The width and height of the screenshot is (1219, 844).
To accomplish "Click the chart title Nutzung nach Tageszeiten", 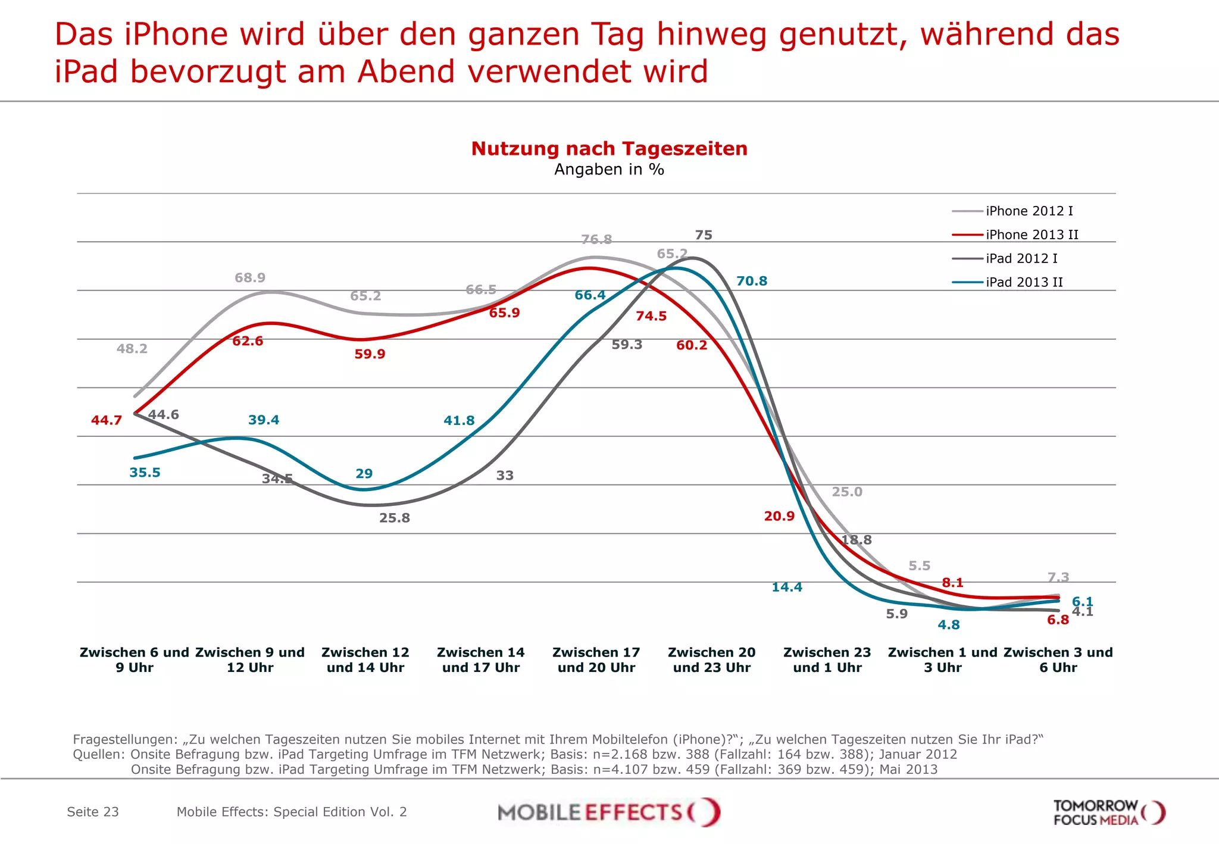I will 609,149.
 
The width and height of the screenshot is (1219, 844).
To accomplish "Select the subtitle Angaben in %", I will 609,170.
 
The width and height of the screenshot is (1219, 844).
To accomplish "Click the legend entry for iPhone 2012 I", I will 1029,211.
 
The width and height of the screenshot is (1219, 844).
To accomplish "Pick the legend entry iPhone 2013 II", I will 1032,235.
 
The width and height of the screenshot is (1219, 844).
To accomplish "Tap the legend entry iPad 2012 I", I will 1021,258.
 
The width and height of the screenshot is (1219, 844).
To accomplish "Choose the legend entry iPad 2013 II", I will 1024,282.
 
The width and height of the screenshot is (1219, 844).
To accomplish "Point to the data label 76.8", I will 596,239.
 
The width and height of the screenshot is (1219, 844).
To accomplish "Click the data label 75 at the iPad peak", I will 704,235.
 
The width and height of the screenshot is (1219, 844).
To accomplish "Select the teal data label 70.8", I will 752,281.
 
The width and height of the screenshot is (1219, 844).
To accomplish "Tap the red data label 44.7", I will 107,420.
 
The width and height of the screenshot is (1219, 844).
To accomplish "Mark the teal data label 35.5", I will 145,473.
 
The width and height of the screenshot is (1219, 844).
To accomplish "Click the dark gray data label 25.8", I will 395,518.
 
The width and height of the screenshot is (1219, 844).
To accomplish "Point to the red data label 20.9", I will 779,516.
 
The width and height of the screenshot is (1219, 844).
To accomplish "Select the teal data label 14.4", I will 787,587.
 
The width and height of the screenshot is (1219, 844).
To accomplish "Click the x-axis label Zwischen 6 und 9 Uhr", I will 135,659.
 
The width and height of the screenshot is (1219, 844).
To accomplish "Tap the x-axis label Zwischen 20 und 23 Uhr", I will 712,659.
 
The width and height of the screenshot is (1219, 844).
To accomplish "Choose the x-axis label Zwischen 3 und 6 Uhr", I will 1058,659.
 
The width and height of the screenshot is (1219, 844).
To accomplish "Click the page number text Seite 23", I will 93,812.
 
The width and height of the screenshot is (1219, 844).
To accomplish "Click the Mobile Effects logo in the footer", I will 609,812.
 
